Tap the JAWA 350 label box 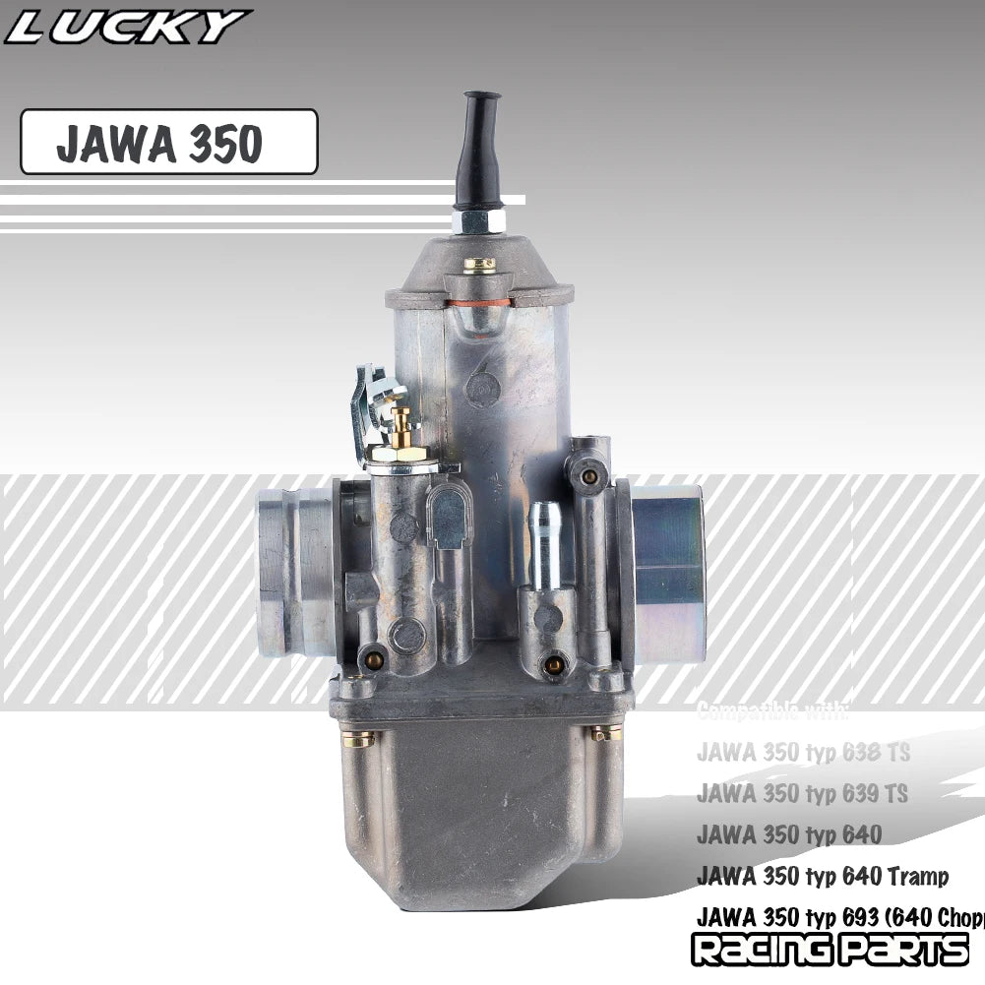(x=168, y=143)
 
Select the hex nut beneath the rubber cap (x=478, y=219)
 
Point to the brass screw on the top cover (x=479, y=264)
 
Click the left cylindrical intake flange (x=295, y=574)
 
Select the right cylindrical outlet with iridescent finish (x=667, y=574)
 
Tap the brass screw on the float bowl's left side (x=357, y=738)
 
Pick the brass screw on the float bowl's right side (x=606, y=732)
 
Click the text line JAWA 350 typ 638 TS (x=802, y=753)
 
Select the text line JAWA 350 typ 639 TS (x=802, y=793)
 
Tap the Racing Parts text (x=829, y=951)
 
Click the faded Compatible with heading (x=771, y=710)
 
